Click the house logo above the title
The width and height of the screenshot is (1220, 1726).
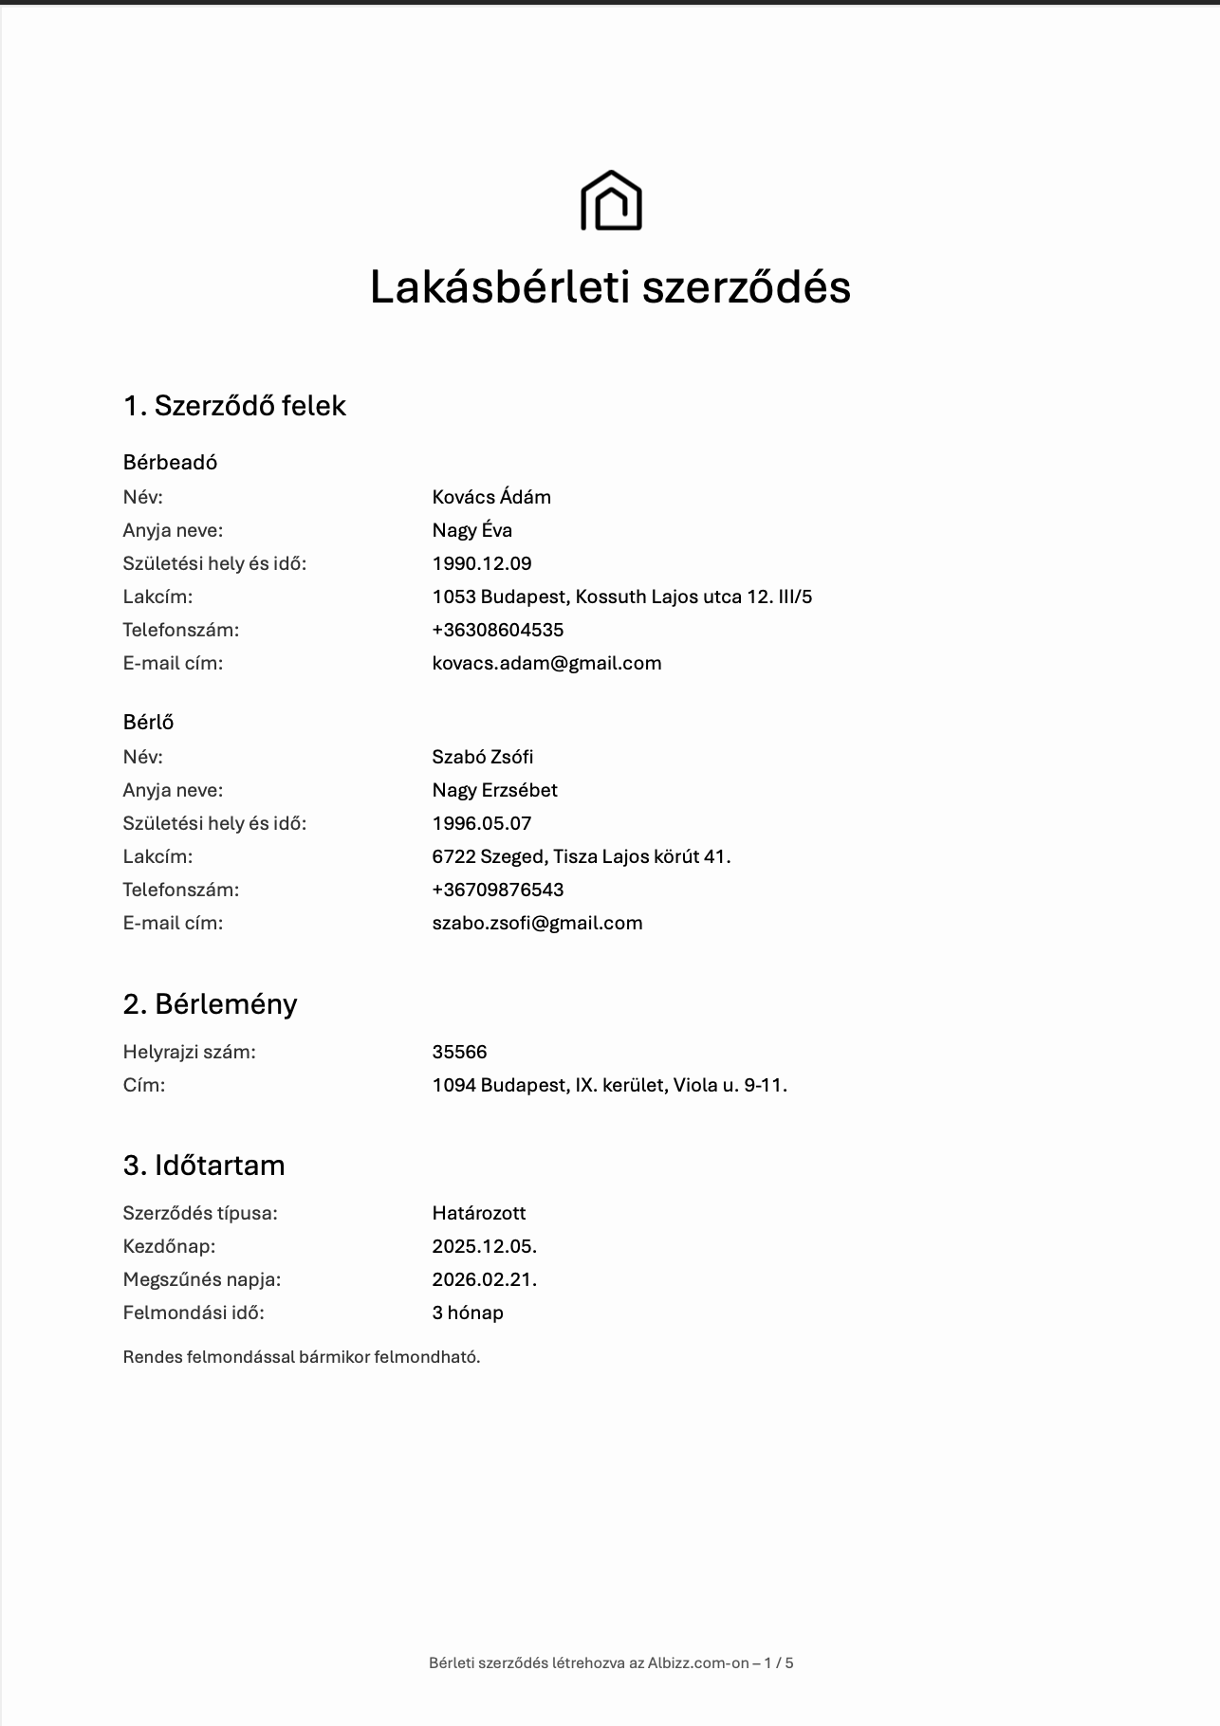click(x=611, y=201)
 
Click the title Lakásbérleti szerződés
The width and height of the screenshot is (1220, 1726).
click(x=610, y=286)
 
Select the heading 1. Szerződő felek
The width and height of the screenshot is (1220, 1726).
click(x=234, y=406)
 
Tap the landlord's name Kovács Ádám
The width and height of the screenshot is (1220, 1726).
click(x=491, y=497)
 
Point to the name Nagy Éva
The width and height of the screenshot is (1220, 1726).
click(x=471, y=530)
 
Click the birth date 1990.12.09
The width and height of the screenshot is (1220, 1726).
click(x=482, y=563)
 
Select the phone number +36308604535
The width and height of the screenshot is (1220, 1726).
click(x=498, y=630)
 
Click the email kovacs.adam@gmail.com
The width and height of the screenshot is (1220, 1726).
click(x=546, y=663)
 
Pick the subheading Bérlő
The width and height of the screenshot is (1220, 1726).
click(x=148, y=722)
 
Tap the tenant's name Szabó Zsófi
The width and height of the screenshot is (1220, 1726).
click(x=483, y=757)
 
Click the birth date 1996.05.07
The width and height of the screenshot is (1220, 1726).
click(x=482, y=823)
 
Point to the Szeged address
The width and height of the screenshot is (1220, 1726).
click(x=581, y=856)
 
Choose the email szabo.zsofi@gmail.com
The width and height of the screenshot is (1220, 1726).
click(x=537, y=923)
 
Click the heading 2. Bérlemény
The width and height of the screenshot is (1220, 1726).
click(x=210, y=1003)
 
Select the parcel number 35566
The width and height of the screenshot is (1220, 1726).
click(x=459, y=1052)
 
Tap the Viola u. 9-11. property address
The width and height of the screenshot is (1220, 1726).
click(x=609, y=1085)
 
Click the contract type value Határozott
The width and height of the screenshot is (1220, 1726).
click(x=478, y=1213)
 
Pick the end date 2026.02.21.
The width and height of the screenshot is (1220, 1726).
click(x=484, y=1279)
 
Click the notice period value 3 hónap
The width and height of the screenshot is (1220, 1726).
click(x=468, y=1313)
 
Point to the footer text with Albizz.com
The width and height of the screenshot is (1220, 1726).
click(x=611, y=1662)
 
